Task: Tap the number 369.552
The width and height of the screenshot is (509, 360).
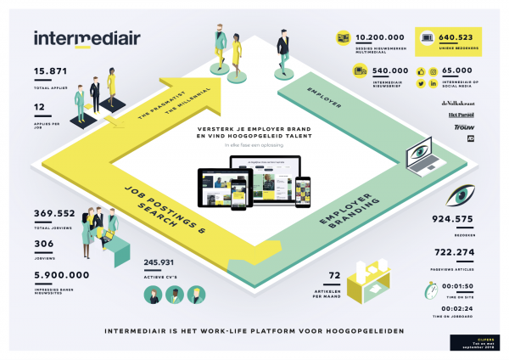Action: pyautogui.click(x=55, y=214)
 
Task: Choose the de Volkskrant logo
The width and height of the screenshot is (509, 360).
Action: pyautogui.click(x=459, y=103)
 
